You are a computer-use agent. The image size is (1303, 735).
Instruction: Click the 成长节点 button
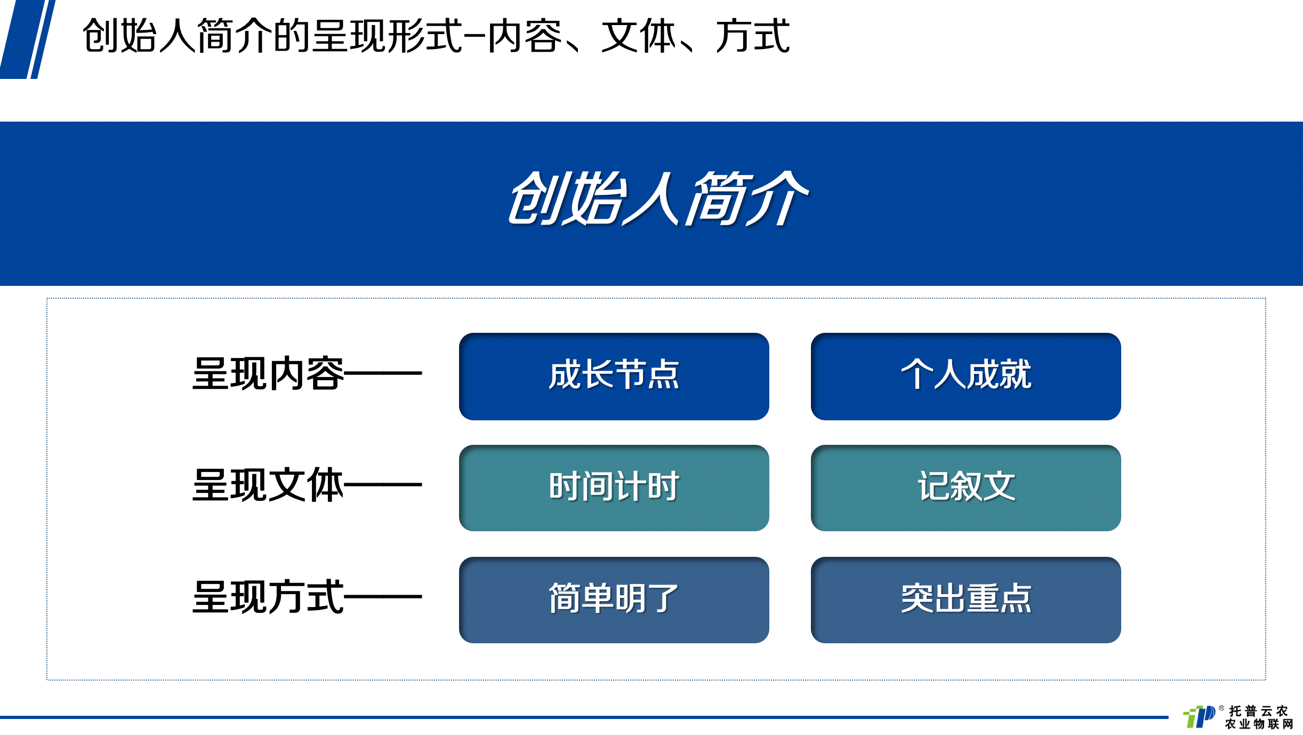(614, 376)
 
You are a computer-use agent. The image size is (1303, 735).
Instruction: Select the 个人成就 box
(966, 376)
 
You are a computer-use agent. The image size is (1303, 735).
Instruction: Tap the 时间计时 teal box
(614, 488)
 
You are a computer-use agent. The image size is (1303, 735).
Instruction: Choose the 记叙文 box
(966, 488)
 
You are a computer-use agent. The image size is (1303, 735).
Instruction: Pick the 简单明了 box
(614, 600)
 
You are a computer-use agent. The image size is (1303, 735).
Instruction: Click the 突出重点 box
(966, 600)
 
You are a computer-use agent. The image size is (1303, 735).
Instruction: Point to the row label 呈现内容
(268, 373)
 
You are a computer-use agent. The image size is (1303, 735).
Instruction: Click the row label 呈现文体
(268, 485)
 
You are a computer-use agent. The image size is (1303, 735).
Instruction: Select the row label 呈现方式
(268, 597)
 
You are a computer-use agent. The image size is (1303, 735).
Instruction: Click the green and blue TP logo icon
(1199, 716)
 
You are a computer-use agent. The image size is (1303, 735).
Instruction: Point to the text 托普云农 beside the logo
(1259, 711)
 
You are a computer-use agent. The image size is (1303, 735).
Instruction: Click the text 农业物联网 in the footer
(1259, 724)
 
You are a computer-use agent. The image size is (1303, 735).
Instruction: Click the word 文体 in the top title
(639, 36)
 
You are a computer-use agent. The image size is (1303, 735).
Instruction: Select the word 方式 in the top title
(752, 36)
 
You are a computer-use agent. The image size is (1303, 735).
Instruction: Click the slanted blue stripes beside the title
(28, 39)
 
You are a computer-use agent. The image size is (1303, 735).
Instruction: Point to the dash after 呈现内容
(383, 373)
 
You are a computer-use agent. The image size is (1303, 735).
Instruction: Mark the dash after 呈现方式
(383, 597)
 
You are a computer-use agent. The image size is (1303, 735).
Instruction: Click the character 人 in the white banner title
(652, 198)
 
